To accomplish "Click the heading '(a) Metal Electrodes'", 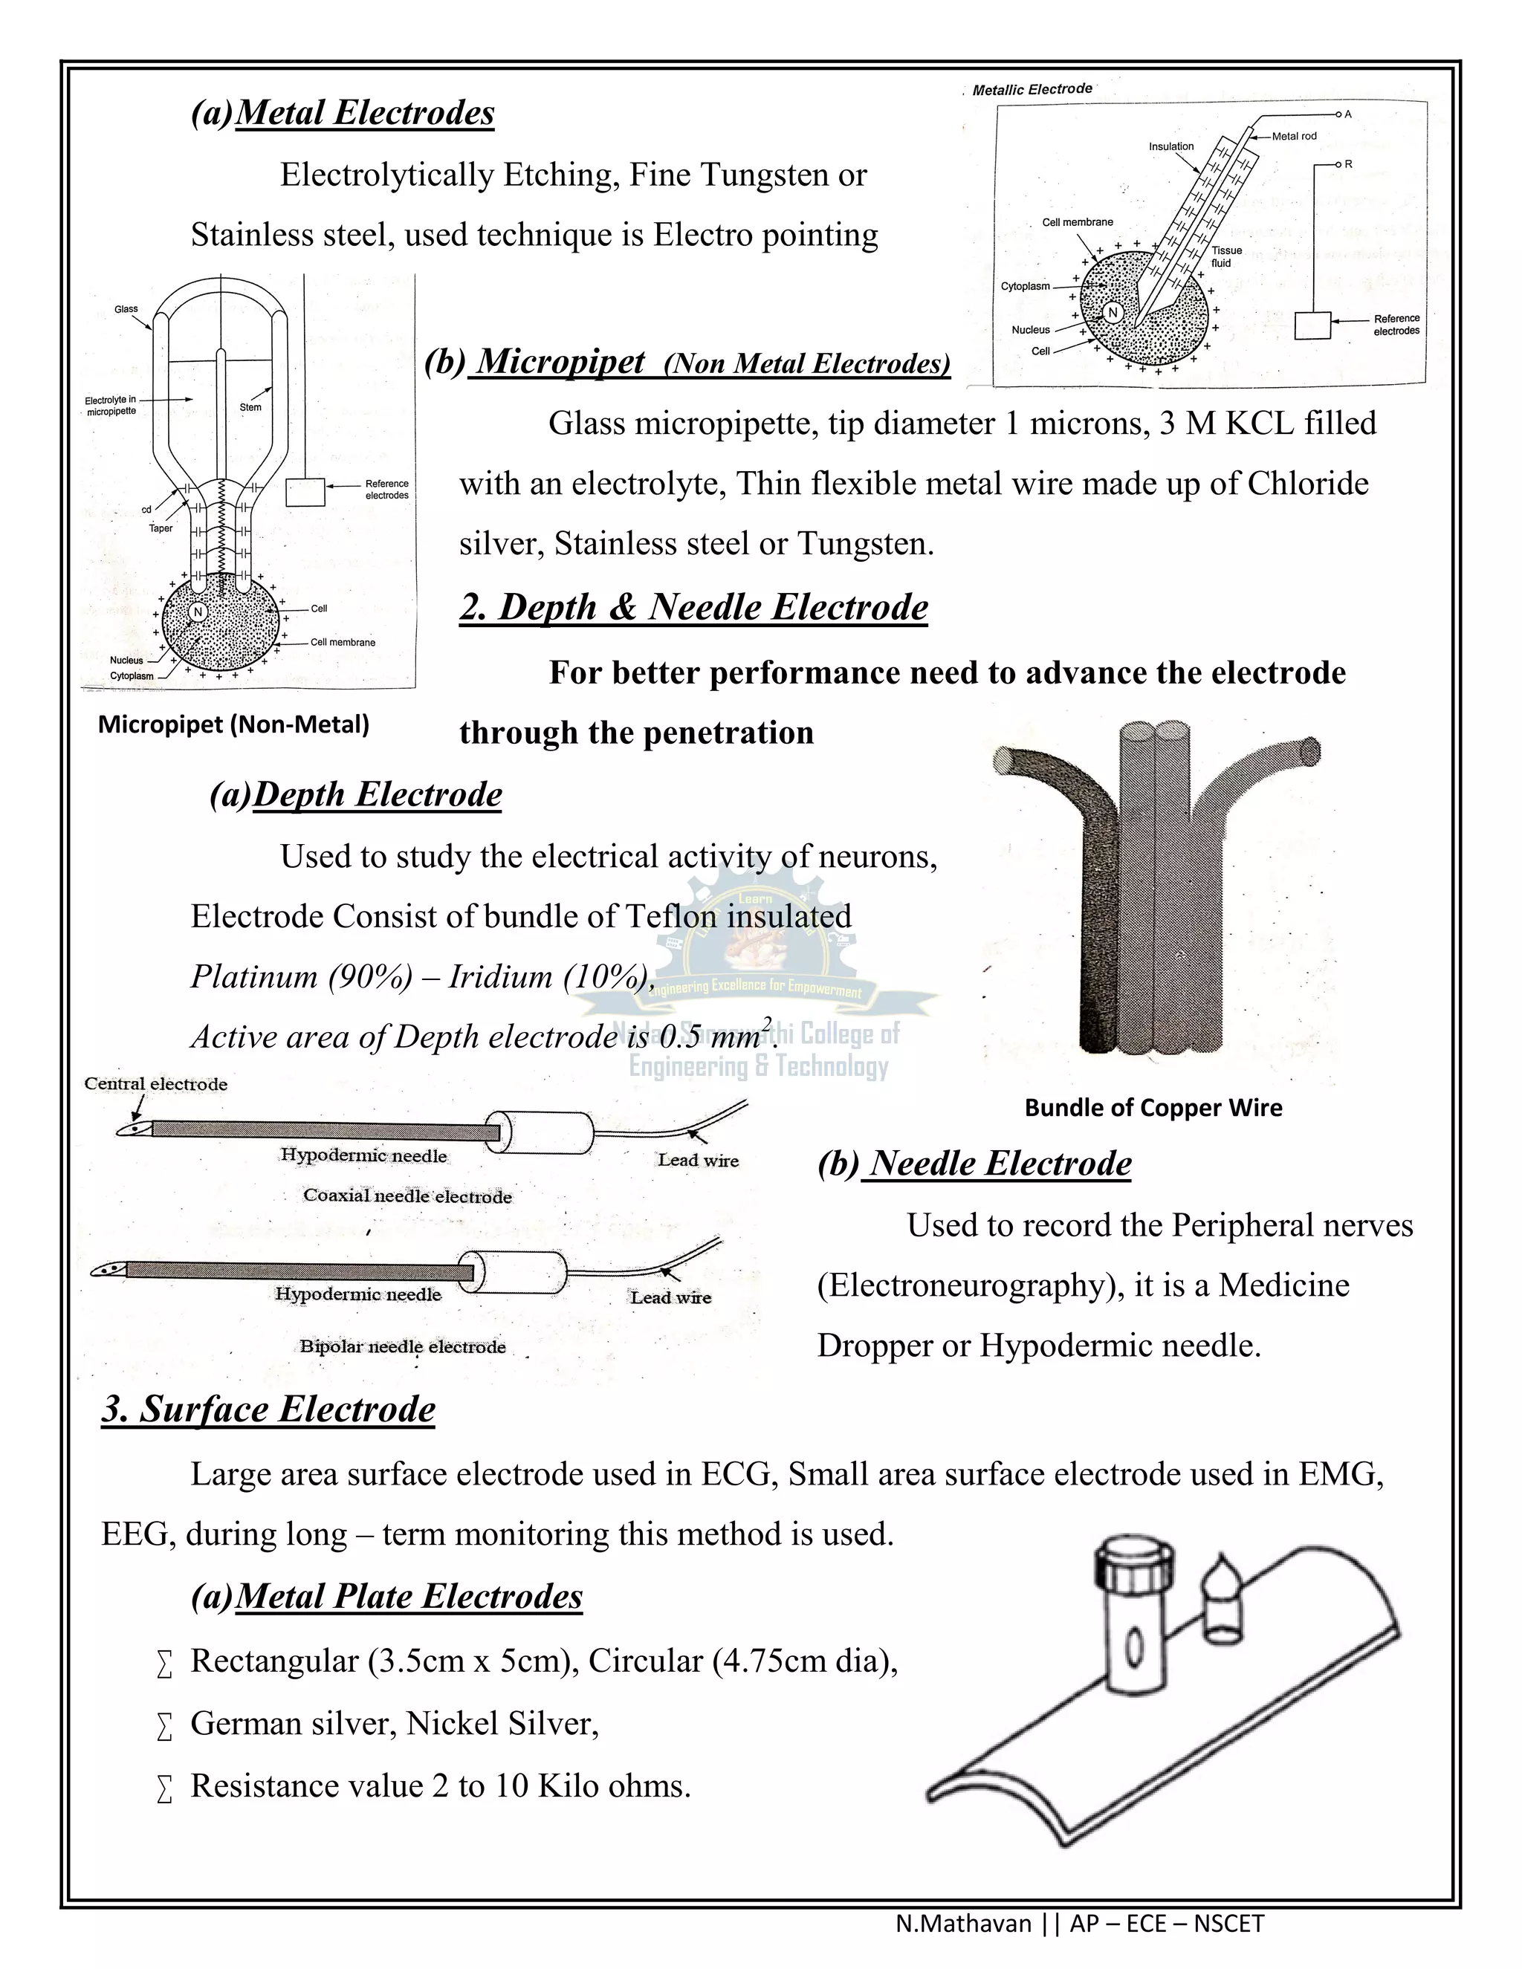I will click(343, 114).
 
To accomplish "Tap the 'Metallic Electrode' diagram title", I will click(1032, 89).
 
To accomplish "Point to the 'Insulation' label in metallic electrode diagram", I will click(1170, 146).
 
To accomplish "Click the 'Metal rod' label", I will click(1294, 136).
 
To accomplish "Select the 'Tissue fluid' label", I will click(1225, 257).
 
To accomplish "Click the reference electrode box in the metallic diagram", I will click(1312, 325).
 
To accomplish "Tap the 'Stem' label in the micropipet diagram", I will click(250, 406).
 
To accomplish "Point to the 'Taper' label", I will click(161, 528).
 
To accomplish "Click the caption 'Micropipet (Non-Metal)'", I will click(233, 725).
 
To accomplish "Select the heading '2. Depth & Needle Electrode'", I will click(693, 607).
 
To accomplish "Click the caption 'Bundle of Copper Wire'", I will click(1153, 1107).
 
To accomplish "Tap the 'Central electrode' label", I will click(155, 1083).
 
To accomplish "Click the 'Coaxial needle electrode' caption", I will click(407, 1196).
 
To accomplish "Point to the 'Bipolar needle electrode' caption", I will click(402, 1346).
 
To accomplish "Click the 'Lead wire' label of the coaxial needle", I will click(698, 1161).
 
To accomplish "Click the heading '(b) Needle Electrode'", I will click(974, 1163).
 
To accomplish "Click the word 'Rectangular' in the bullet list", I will click(274, 1661).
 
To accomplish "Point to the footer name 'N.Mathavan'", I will click(963, 1923).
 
